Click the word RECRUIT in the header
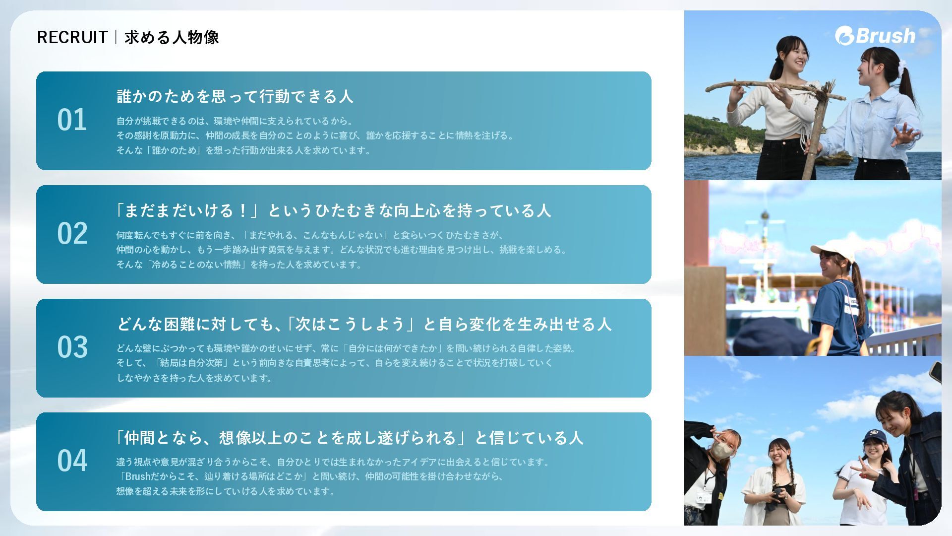[72, 37]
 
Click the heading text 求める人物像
[172, 37]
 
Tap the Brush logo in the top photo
[875, 36]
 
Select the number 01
[72, 120]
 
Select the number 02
[72, 234]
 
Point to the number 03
[72, 347]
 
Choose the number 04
[72, 461]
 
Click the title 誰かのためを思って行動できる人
[235, 96]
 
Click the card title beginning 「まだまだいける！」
[333, 210]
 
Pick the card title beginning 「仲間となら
[349, 438]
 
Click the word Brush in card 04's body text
[137, 476]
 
